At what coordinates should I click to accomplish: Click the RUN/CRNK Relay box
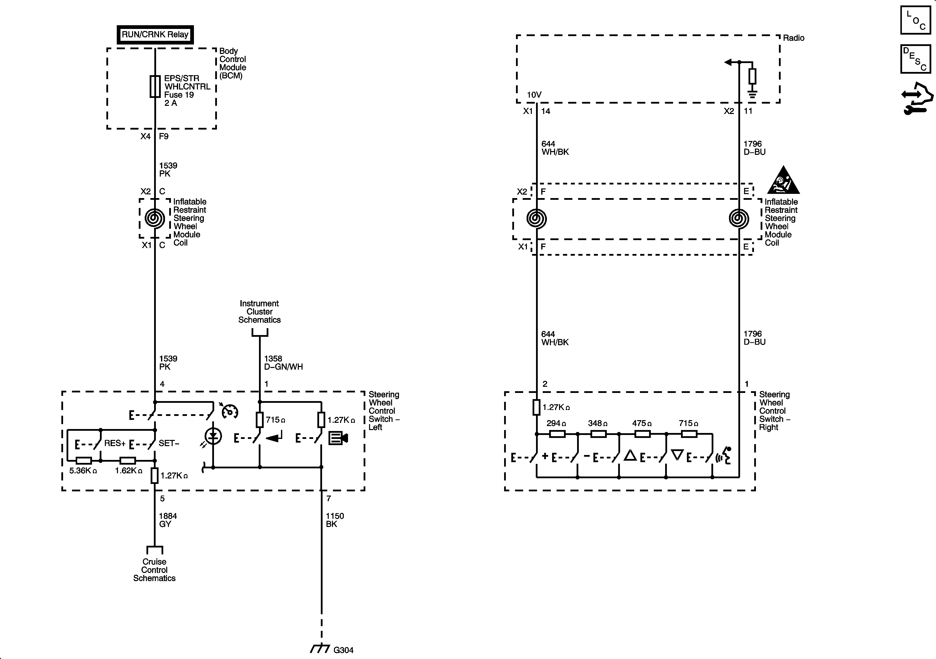[x=155, y=35]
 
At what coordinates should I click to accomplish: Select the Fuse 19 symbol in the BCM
[x=155, y=86]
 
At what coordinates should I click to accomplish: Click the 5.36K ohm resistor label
[x=83, y=471]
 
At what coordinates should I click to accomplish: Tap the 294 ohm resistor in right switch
[x=557, y=434]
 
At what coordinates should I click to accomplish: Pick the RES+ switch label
[x=115, y=443]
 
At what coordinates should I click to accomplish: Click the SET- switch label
[x=169, y=443]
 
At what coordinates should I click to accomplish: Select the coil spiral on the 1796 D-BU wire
[x=739, y=219]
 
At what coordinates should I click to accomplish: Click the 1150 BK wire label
[x=335, y=520]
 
